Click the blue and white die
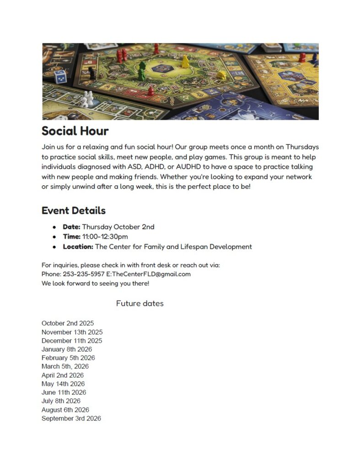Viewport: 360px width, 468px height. pyautogui.click(x=60, y=76)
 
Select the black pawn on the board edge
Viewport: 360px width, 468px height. pyautogui.click(x=91, y=73)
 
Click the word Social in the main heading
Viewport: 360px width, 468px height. pyautogui.click(x=58, y=131)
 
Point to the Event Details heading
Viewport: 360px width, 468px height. pyautogui.click(x=74, y=211)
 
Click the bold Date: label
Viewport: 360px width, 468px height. pyautogui.click(x=71, y=227)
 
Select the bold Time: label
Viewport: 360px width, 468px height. pyautogui.click(x=71, y=237)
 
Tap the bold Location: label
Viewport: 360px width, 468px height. pyautogui.click(x=78, y=247)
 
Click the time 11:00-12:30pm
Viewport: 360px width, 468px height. pyautogui.click(x=105, y=237)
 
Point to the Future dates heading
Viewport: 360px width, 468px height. pyautogui.click(x=140, y=303)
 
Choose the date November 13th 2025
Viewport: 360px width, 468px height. pyautogui.click(x=72, y=332)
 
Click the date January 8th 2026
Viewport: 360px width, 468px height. pyautogui.click(x=67, y=349)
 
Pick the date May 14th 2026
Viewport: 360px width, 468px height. pyautogui.click(x=63, y=384)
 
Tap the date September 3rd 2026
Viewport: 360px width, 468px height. pyautogui.click(x=71, y=419)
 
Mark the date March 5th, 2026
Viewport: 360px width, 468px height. pyautogui.click(x=65, y=367)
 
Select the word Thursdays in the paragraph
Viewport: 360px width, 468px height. pyautogui.click(x=302, y=147)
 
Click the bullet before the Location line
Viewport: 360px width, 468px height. pyautogui.click(x=54, y=247)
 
